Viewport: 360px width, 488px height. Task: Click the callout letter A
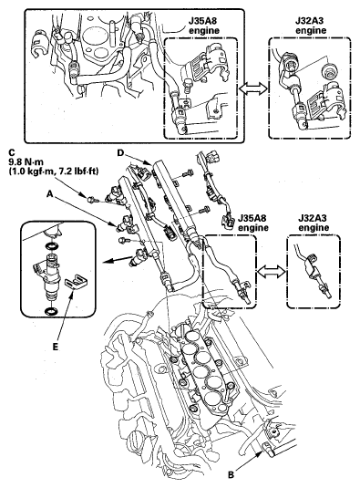click(x=50, y=194)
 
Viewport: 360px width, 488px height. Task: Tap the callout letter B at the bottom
click(x=231, y=475)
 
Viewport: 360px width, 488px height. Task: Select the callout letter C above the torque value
click(x=12, y=152)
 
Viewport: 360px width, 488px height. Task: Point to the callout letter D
click(x=120, y=152)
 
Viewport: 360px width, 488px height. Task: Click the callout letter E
click(x=55, y=347)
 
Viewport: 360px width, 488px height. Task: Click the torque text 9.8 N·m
click(x=26, y=161)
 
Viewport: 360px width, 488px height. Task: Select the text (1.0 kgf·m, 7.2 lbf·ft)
click(x=53, y=171)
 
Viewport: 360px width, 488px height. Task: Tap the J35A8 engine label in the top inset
click(x=203, y=26)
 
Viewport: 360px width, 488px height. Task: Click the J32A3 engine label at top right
click(x=311, y=26)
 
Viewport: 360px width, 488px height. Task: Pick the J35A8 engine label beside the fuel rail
click(x=252, y=223)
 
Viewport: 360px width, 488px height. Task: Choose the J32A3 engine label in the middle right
click(x=313, y=223)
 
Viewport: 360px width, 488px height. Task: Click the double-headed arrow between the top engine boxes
click(x=253, y=89)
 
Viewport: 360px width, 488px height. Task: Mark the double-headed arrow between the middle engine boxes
click(x=271, y=273)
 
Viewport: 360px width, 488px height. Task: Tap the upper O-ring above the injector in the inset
click(x=52, y=246)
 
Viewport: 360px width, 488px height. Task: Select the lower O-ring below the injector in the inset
click(x=52, y=310)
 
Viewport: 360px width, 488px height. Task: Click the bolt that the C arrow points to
click(x=92, y=199)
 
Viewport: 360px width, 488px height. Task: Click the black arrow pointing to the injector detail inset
click(x=120, y=259)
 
